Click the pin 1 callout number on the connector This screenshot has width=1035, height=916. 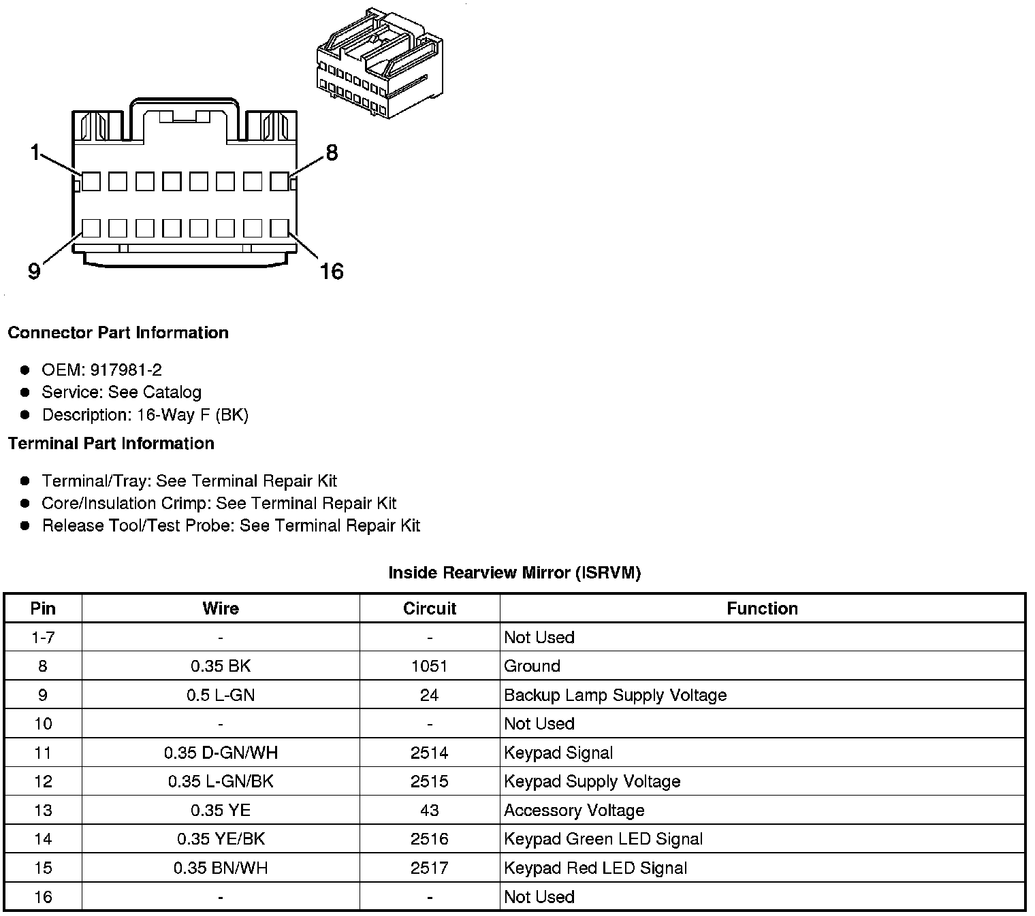click(35, 152)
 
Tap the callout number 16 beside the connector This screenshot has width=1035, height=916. click(332, 272)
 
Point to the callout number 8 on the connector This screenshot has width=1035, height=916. click(332, 152)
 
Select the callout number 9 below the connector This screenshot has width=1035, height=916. click(34, 272)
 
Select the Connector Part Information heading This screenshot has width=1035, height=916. click(118, 333)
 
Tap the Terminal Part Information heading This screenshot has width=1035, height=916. click(111, 444)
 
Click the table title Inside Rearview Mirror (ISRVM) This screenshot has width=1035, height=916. click(514, 573)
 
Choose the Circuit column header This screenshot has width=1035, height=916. click(430, 608)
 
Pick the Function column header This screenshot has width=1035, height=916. click(762, 608)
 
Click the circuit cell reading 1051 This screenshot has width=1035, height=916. click(430, 666)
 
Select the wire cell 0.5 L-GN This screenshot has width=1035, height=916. click(221, 695)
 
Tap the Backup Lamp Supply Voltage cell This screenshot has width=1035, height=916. click(615, 695)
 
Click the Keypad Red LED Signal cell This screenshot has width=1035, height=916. click(595, 868)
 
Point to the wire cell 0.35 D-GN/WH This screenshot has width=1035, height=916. click(221, 753)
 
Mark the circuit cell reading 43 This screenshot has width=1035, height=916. click(430, 811)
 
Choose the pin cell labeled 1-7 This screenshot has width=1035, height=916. click(43, 638)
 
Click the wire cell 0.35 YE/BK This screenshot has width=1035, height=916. click(221, 839)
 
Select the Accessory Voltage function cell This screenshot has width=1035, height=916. click(574, 811)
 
